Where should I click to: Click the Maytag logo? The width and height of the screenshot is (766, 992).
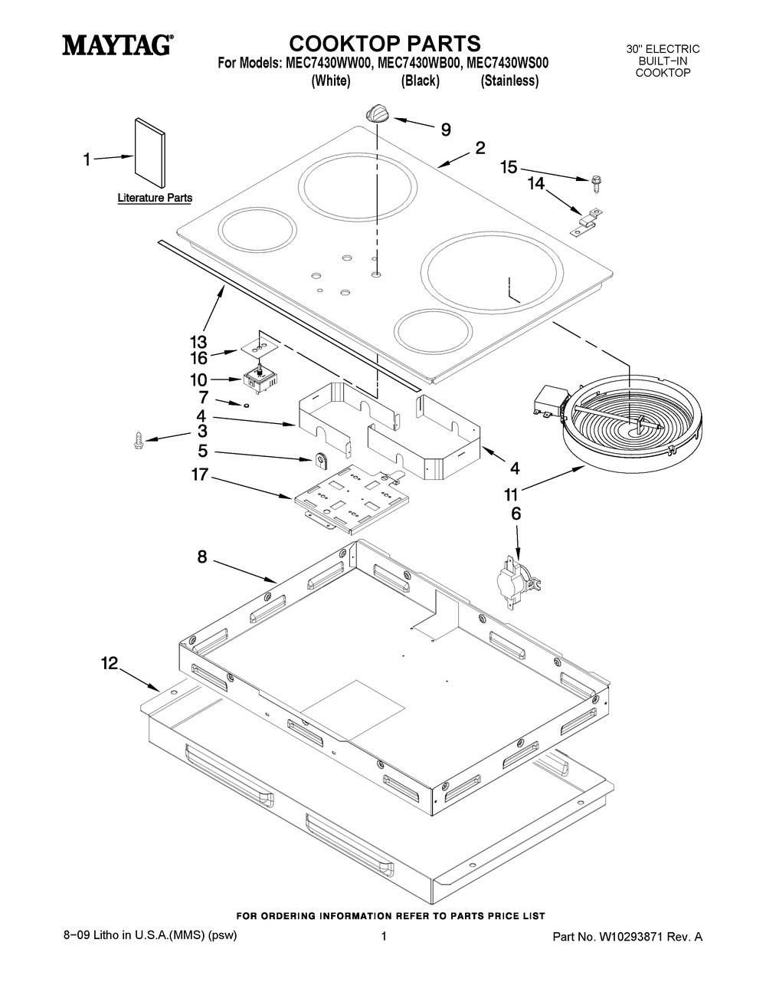click(x=118, y=46)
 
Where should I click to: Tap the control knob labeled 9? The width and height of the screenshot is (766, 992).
click(x=378, y=113)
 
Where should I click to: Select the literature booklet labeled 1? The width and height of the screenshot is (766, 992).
click(x=150, y=153)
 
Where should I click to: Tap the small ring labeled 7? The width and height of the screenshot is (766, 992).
click(x=247, y=405)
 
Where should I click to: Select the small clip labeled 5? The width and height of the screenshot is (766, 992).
click(x=322, y=461)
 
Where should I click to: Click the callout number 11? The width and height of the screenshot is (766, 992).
click(x=511, y=495)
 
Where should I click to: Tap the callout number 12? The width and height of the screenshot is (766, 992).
click(x=110, y=663)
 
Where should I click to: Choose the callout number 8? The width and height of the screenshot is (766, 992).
click(x=202, y=557)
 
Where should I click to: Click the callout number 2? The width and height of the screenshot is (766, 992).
click(x=480, y=148)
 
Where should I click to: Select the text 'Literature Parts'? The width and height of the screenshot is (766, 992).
click(x=155, y=198)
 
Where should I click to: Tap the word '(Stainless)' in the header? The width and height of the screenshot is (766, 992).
click(x=509, y=81)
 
